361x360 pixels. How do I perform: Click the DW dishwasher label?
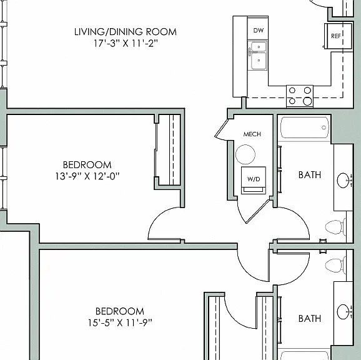tap(258, 30)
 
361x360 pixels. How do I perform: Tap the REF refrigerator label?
tap(335, 36)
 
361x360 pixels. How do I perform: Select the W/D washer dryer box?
tap(254, 180)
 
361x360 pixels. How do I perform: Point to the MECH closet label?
tap(252, 134)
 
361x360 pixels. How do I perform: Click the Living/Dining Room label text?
tap(126, 32)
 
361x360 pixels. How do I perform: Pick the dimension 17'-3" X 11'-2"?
tap(126, 43)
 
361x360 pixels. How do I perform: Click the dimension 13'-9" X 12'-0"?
tap(87, 176)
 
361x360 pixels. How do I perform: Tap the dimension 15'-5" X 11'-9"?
tap(120, 322)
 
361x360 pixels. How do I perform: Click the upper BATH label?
tap(310, 175)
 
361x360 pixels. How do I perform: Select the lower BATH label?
tap(310, 319)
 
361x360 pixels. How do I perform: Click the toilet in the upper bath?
tap(335, 227)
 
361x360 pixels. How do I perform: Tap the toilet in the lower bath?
tap(335, 266)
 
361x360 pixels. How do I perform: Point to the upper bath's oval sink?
tap(343, 181)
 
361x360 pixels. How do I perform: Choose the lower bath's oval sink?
tap(343, 312)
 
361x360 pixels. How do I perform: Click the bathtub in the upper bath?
tap(305, 127)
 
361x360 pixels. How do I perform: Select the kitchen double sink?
tap(257, 56)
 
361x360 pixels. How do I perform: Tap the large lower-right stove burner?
tap(307, 101)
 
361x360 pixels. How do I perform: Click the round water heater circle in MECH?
tap(245, 154)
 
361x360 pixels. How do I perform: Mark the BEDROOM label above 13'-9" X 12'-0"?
tap(87, 164)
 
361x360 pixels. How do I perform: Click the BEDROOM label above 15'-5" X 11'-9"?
tap(120, 311)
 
